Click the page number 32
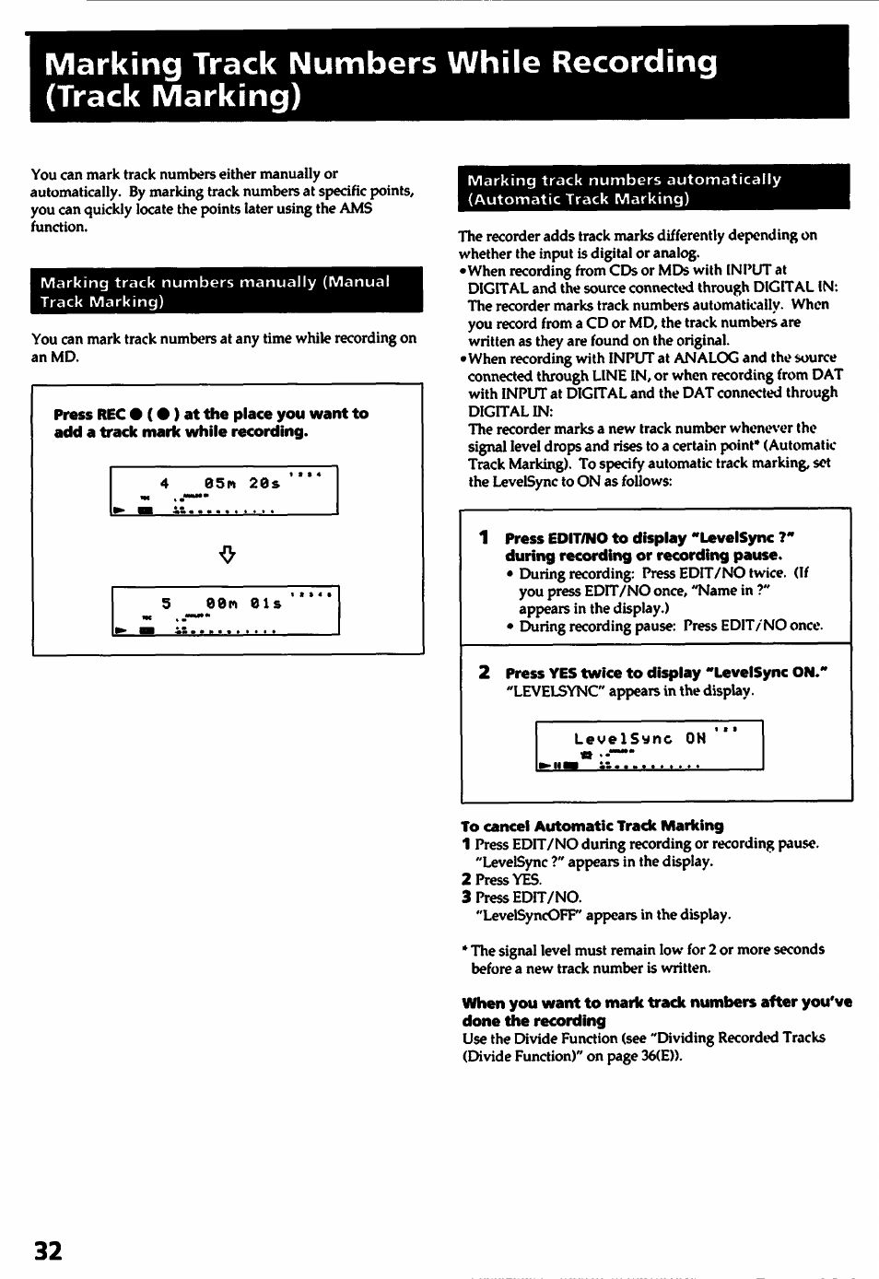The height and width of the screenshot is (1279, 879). [48, 1250]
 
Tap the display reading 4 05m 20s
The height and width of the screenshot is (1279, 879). [224, 490]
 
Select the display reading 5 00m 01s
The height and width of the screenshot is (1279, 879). [226, 610]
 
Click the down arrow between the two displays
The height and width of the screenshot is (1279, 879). [228, 554]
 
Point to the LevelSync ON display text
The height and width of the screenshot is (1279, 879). [639, 738]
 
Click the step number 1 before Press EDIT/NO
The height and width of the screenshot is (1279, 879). [484, 538]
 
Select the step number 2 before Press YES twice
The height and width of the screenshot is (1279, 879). [484, 673]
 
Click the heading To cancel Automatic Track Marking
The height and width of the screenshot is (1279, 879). [592, 826]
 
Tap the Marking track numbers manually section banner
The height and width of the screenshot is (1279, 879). [227, 291]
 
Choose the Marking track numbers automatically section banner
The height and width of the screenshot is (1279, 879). [653, 189]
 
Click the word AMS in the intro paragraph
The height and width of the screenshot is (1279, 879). [356, 209]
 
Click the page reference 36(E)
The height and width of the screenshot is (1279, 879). [660, 1056]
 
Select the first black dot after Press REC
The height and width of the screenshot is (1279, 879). [136, 415]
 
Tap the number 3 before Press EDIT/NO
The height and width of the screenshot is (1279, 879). [466, 898]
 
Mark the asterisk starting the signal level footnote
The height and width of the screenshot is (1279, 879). [464, 948]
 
